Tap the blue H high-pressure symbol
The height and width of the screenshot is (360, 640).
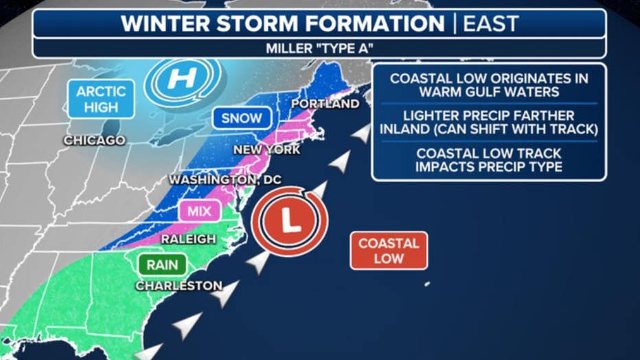click(182, 79)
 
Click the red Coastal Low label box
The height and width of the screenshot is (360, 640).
click(388, 251)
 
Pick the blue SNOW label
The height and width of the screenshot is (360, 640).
click(242, 118)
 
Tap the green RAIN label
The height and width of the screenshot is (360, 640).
click(161, 265)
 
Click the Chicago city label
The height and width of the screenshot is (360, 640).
click(94, 141)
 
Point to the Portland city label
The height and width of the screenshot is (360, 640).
click(325, 104)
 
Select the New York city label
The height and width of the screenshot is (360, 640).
click(266, 150)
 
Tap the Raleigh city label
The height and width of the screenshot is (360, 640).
click(187, 239)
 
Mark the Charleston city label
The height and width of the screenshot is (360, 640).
click(179, 286)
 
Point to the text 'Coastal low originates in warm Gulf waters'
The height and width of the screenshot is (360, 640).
click(488, 85)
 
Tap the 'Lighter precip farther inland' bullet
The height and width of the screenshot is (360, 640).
click(488, 122)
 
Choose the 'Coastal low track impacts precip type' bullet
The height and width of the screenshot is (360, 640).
click(488, 159)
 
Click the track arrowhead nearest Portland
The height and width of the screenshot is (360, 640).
click(360, 134)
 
